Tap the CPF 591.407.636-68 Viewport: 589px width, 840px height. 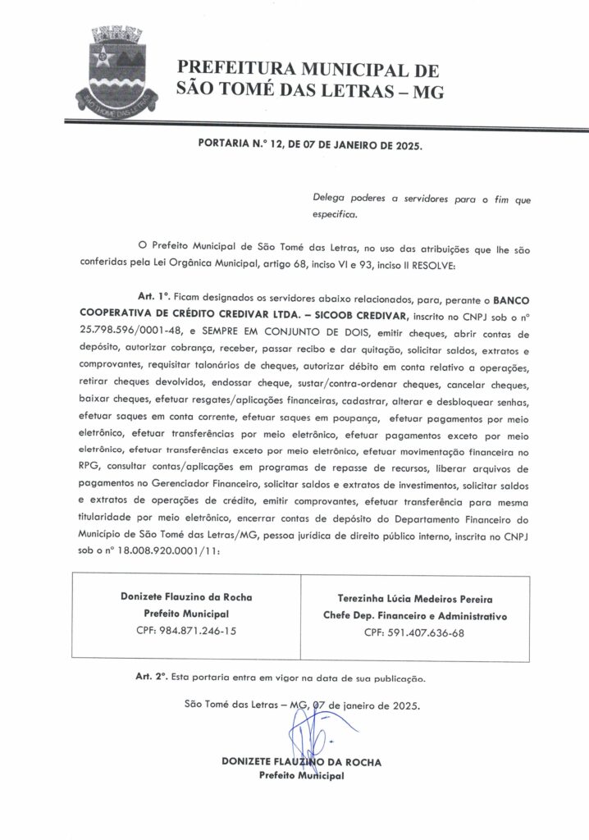click(415, 632)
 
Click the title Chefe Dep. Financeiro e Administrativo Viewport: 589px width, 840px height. click(415, 615)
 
